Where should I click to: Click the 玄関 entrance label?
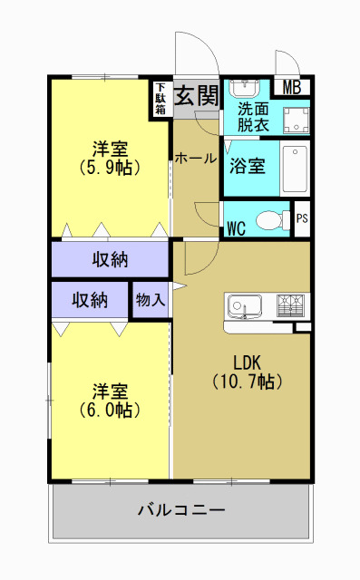tap(195, 94)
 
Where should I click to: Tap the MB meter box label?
tap(291, 88)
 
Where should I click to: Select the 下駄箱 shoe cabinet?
tap(161, 99)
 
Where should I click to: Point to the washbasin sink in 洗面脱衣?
tap(243, 90)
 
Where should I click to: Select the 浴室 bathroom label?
tap(247, 167)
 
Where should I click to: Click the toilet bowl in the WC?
tap(269, 219)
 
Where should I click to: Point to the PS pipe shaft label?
tap(302, 218)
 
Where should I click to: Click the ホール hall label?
tap(196, 158)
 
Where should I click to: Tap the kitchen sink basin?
tap(244, 304)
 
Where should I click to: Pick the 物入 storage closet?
tap(151, 300)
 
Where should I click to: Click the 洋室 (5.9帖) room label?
tap(109, 156)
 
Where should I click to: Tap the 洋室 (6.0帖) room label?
tap(109, 400)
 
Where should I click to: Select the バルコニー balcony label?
tap(180, 509)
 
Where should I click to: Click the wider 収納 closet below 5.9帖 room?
tap(110, 260)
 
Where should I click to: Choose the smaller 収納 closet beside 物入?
tap(90, 300)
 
